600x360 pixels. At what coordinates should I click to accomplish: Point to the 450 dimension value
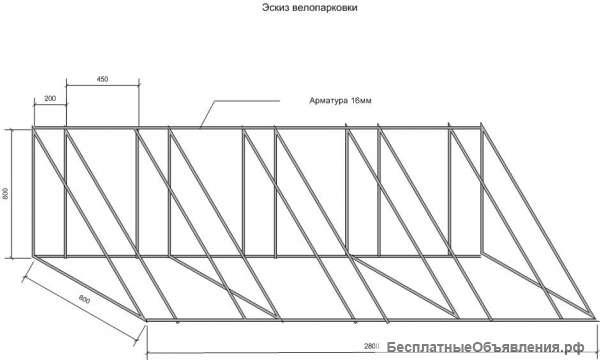(x=103, y=77)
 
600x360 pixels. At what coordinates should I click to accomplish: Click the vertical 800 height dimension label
(x=5, y=192)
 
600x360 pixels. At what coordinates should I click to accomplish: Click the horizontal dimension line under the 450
(x=103, y=86)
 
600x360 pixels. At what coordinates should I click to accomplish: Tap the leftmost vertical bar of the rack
(x=35, y=190)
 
